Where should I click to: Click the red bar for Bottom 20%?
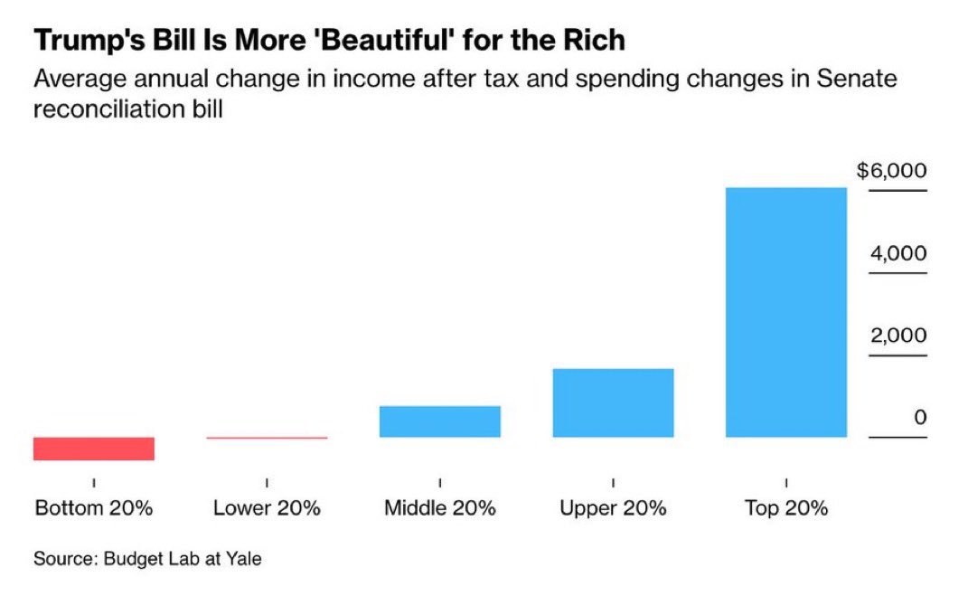click(x=94, y=449)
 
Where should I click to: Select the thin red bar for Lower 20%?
click(x=267, y=438)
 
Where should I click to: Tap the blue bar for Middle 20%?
click(x=440, y=421)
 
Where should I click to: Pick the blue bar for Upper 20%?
click(x=613, y=402)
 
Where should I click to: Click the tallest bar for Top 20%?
click(x=786, y=312)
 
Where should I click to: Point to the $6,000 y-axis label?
click(x=892, y=171)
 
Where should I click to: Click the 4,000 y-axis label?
click(x=898, y=253)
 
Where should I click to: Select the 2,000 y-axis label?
click(x=898, y=336)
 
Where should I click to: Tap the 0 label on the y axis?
click(x=919, y=418)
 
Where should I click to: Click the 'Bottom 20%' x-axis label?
click(x=94, y=508)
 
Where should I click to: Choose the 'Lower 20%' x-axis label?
click(x=267, y=508)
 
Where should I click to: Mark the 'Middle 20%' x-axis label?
click(x=440, y=508)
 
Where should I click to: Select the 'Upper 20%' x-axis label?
click(x=613, y=508)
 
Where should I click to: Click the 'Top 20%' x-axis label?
click(x=786, y=508)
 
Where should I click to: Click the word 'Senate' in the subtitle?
click(x=857, y=79)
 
